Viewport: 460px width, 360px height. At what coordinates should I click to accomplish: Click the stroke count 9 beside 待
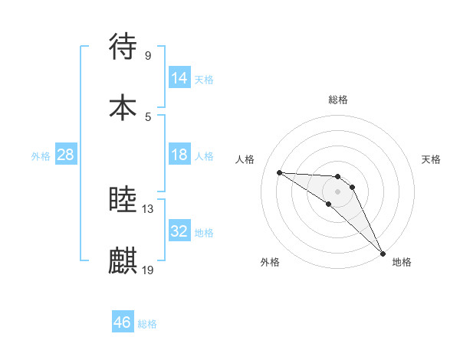pos(147,55)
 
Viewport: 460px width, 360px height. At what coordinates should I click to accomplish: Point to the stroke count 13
pos(148,208)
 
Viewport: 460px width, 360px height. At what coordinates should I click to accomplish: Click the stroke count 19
pos(148,270)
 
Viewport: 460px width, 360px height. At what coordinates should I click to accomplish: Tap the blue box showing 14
pos(179,78)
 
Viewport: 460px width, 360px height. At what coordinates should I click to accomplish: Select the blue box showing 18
pos(179,155)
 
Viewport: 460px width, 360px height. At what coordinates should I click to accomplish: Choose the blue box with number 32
pos(179,231)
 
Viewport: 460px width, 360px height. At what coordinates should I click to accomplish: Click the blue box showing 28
pos(66,155)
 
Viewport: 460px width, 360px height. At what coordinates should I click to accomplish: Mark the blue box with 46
pos(123,322)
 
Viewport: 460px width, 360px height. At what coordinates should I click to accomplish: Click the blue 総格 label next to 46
pos(147,324)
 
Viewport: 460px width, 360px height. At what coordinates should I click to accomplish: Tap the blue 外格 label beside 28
pos(41,156)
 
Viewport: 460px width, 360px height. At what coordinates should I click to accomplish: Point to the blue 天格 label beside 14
pos(204,80)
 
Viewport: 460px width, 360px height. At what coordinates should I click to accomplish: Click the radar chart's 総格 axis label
pos(338,100)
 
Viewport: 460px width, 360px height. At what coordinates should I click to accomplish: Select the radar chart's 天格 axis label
pos(432,159)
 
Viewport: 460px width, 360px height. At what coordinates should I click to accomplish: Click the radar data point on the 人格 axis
pos(279,172)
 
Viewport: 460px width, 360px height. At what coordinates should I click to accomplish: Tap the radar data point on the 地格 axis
pos(383,253)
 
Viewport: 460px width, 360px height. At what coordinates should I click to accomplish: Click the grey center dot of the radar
pos(338,191)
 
